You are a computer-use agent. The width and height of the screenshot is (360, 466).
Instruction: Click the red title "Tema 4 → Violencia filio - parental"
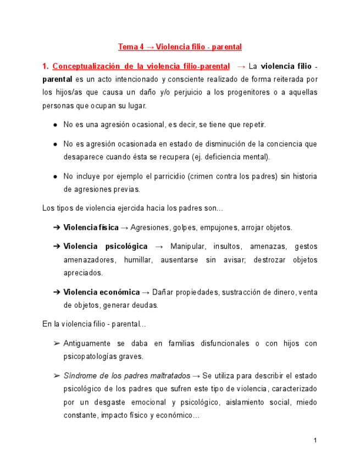pos(180,47)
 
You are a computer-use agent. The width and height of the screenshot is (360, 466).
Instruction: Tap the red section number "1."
pos(46,66)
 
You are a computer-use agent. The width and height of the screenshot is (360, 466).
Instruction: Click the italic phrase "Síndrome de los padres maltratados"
pos(127,376)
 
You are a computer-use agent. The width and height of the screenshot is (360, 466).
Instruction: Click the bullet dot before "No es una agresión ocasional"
pos(56,125)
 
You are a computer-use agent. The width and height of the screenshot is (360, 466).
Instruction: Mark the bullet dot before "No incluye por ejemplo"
pos(56,176)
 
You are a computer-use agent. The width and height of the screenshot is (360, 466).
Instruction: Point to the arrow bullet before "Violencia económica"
pos(57,292)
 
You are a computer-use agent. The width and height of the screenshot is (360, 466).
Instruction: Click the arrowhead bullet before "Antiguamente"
pos(57,343)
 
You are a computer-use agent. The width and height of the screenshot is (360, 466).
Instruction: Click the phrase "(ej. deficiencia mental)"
pos(238,157)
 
